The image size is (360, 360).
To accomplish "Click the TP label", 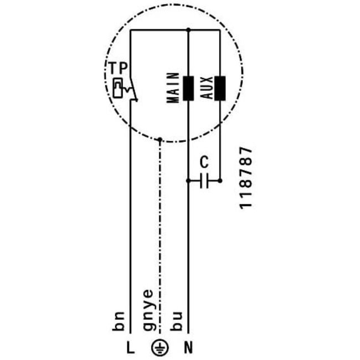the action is point(118,69).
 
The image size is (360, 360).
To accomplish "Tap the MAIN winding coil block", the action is point(189,89).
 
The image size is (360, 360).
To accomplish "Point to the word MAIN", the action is point(172,89).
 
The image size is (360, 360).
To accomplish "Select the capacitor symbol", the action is point(204,180).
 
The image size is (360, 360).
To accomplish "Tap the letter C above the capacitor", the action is point(204,162).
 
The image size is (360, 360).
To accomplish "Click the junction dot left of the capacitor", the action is point(189,180).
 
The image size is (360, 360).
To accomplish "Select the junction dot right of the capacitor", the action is point(220,180).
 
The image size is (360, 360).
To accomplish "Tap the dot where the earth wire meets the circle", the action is point(160,139).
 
